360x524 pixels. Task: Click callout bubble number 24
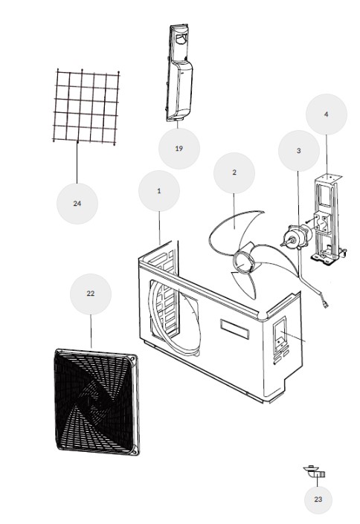coord(77,203)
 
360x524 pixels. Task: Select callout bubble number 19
coord(179,149)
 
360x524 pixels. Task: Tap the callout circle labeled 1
coord(159,191)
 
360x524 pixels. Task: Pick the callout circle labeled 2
coord(234,172)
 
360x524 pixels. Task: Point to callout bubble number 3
coord(299,151)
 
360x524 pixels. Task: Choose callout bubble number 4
coord(327,114)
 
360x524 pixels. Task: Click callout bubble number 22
coord(90,294)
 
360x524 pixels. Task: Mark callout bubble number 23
coord(318,499)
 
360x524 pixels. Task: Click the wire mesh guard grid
coord(86,107)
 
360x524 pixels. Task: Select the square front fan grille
coord(96,402)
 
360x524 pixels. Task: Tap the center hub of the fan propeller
coord(244,261)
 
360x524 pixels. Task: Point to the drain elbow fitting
coord(315,471)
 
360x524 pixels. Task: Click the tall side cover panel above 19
coord(179,73)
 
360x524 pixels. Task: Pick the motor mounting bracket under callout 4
coord(328,219)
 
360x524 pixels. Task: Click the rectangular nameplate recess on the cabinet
coord(235,329)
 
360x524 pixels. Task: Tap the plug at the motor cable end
coord(324,304)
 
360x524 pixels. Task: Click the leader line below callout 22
coord(91,331)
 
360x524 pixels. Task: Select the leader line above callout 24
coord(77,162)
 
